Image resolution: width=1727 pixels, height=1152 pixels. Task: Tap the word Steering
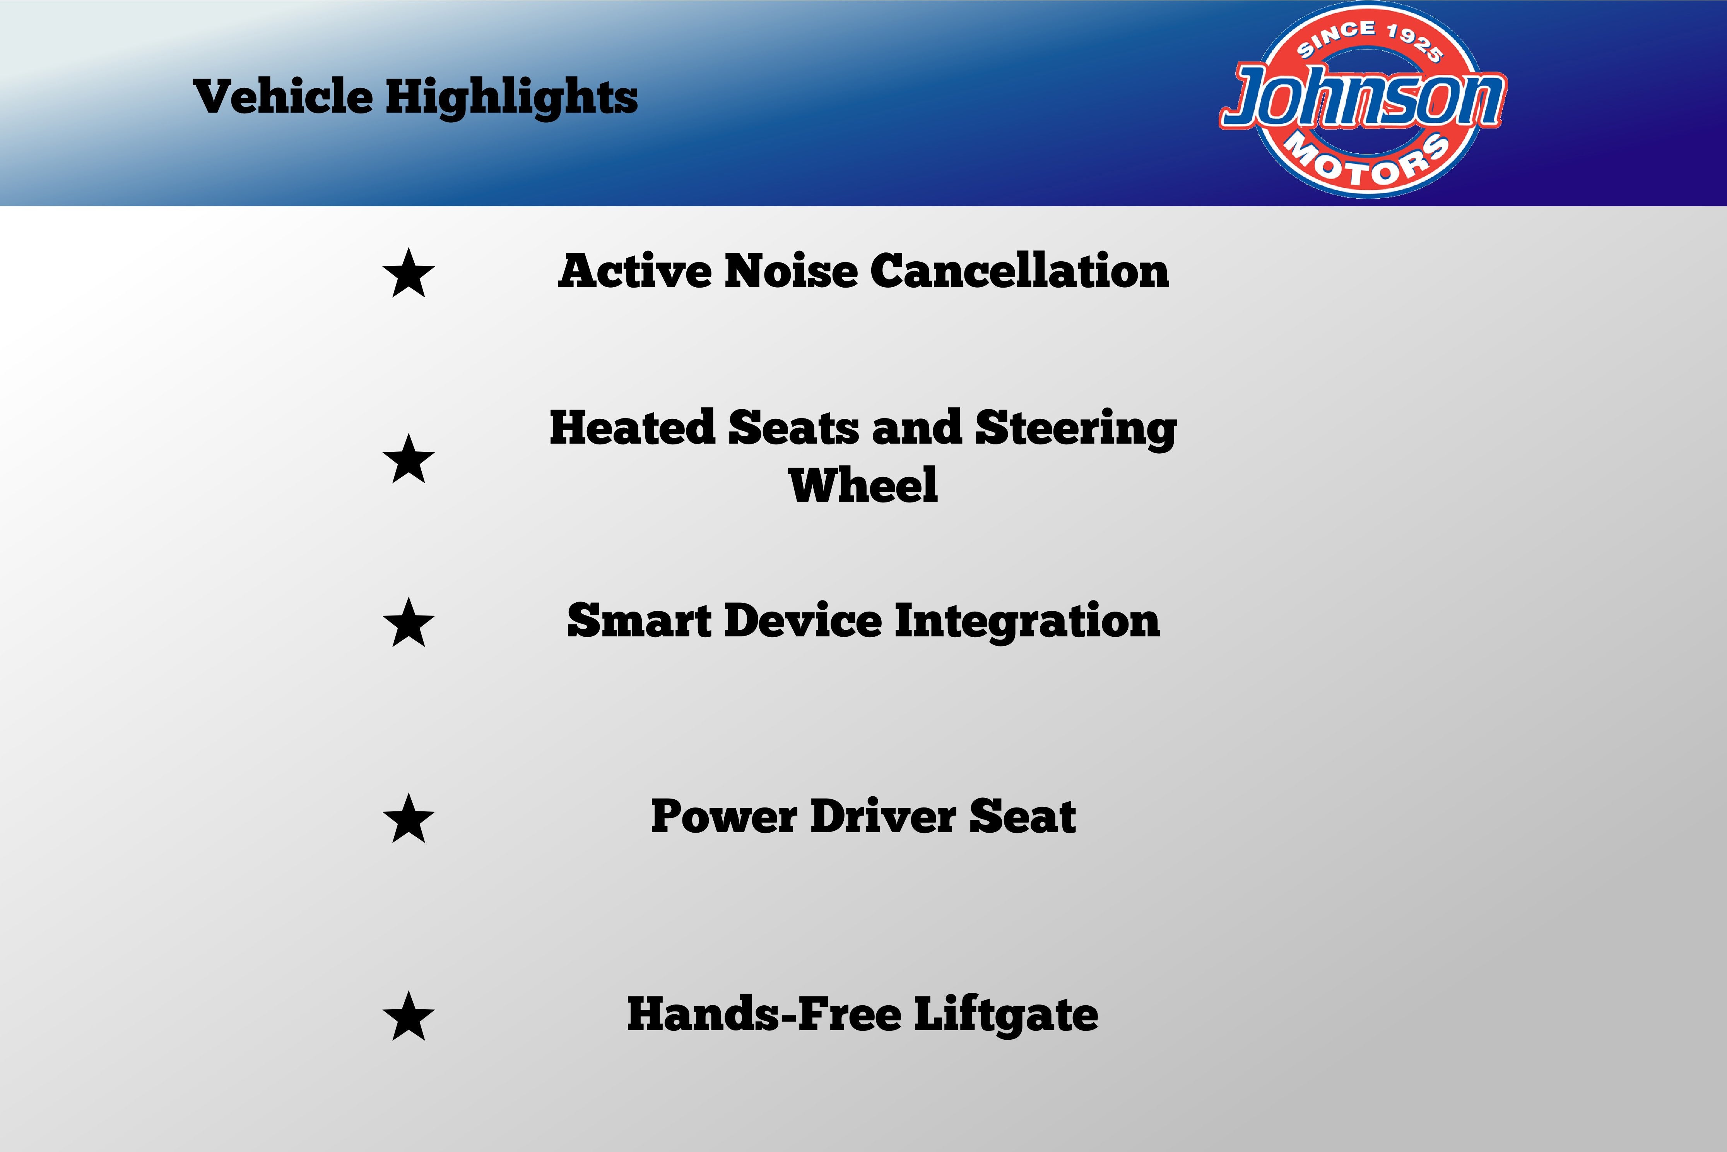[1076, 429]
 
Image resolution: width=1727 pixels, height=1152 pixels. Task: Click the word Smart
[639, 621]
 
